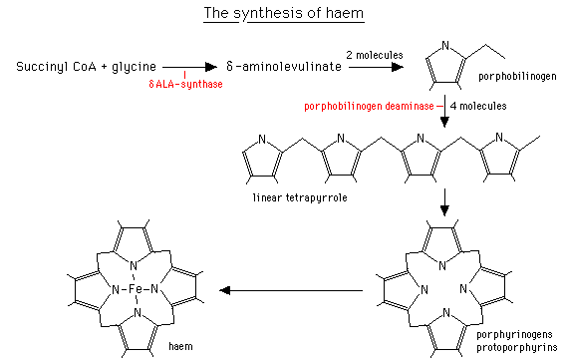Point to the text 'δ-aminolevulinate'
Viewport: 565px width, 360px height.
(x=287, y=67)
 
